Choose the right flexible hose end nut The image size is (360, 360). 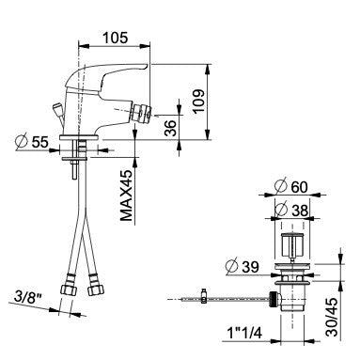point(94,288)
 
